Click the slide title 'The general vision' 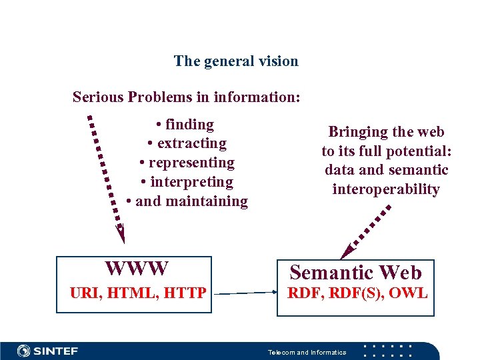coord(236,61)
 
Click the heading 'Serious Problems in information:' coord(187,97)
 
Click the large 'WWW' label coord(137,269)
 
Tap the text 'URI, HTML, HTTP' coord(138,291)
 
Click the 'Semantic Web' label coord(355,273)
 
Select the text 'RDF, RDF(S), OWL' coord(357,292)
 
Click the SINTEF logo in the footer coord(48,351)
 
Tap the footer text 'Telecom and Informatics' coord(307,352)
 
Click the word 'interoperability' coord(386,189)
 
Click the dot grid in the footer coord(391,351)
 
